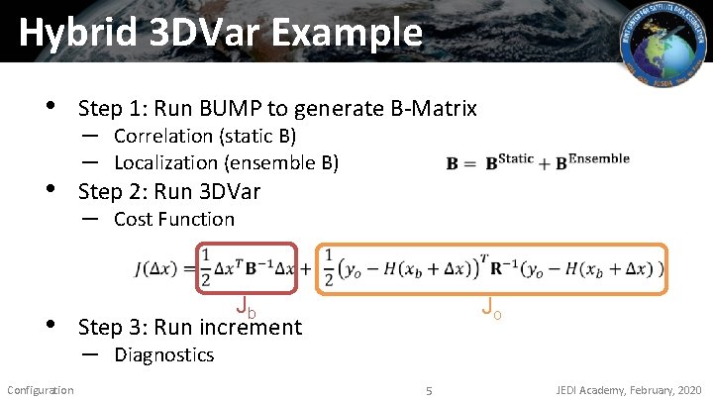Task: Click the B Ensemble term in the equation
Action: click(x=591, y=160)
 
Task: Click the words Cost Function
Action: click(x=174, y=219)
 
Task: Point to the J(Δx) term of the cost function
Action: click(x=162, y=269)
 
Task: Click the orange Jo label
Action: click(x=491, y=309)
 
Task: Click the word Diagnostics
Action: click(x=163, y=354)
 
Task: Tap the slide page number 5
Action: click(x=429, y=390)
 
